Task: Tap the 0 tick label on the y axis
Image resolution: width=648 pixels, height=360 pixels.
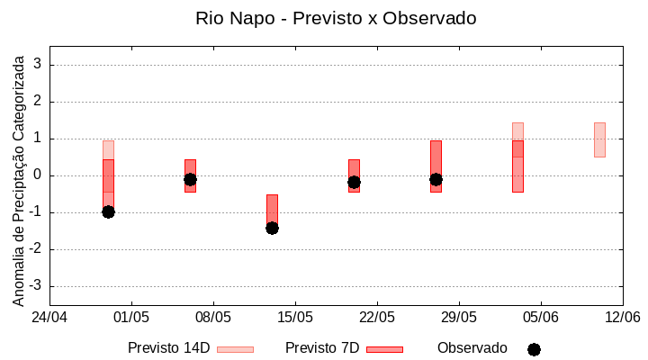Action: point(38,175)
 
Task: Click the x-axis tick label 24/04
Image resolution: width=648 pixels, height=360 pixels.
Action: point(49,318)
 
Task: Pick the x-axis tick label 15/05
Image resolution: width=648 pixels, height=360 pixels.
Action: point(295,318)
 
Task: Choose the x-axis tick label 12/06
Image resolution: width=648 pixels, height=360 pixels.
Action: point(622,318)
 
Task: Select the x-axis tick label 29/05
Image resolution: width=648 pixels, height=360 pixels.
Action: point(459,318)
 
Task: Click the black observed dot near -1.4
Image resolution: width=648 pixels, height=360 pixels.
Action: point(272,228)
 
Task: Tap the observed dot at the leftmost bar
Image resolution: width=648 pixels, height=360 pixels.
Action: point(108,211)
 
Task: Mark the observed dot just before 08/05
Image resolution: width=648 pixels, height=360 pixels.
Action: point(190,179)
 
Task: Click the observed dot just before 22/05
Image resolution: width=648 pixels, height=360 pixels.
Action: point(354,182)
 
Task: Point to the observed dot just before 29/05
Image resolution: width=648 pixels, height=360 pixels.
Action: point(436,179)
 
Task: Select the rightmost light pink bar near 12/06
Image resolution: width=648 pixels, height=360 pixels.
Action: point(599,139)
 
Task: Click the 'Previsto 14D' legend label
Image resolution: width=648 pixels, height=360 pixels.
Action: point(168,348)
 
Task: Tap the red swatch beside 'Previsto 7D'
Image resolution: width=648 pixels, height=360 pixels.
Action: point(384,349)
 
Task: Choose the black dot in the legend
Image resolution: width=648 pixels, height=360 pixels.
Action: point(534,349)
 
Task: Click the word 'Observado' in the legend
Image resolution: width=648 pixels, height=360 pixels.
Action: point(472,348)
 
